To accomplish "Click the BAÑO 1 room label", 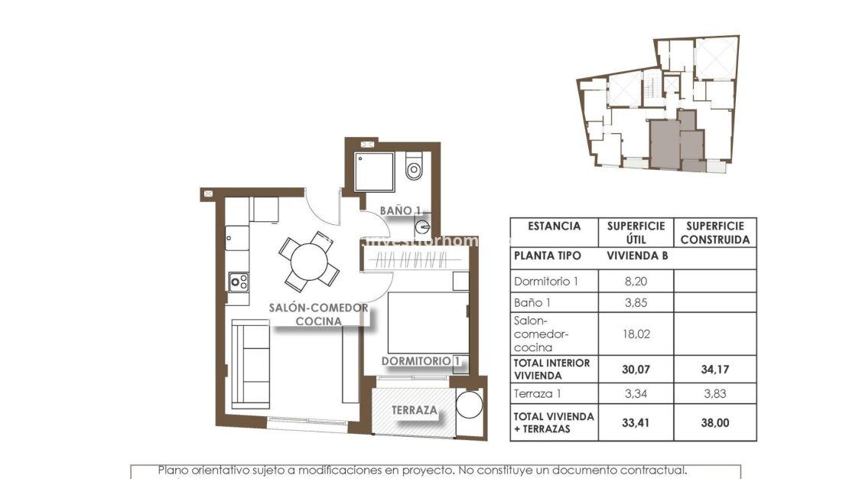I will [x=402, y=210].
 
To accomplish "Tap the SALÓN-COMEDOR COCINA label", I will [x=319, y=314].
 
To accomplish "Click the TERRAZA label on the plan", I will [x=415, y=410].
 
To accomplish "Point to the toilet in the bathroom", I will [x=415, y=167].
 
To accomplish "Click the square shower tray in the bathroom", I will [x=375, y=171].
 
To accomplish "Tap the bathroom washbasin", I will [x=424, y=226].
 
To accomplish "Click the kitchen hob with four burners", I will [x=239, y=282].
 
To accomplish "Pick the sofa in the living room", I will [x=250, y=365].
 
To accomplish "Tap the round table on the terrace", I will [x=469, y=406].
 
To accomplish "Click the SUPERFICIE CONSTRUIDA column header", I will [x=714, y=233].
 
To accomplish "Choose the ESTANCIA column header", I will [x=554, y=226].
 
